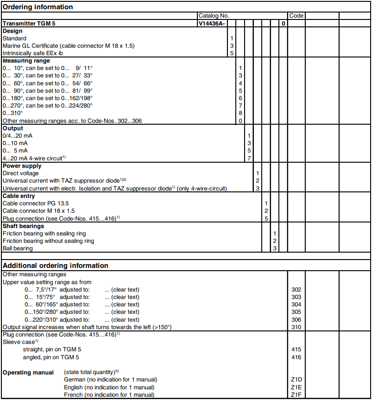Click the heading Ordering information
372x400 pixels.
(38, 7)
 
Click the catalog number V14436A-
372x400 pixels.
(212, 23)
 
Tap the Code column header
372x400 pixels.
(296, 15)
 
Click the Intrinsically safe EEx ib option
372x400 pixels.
(33, 53)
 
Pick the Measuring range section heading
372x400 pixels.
(26, 61)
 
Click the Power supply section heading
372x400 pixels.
(22, 165)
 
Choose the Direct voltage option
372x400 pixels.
(21, 173)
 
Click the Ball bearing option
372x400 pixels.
(18, 248)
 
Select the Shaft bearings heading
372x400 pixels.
(24, 226)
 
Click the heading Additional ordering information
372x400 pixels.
(56, 266)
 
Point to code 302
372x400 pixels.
(296, 290)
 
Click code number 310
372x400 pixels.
(296, 327)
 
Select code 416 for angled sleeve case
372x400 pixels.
(296, 357)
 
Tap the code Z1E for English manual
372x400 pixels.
(296, 387)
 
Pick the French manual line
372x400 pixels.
(109, 394)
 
